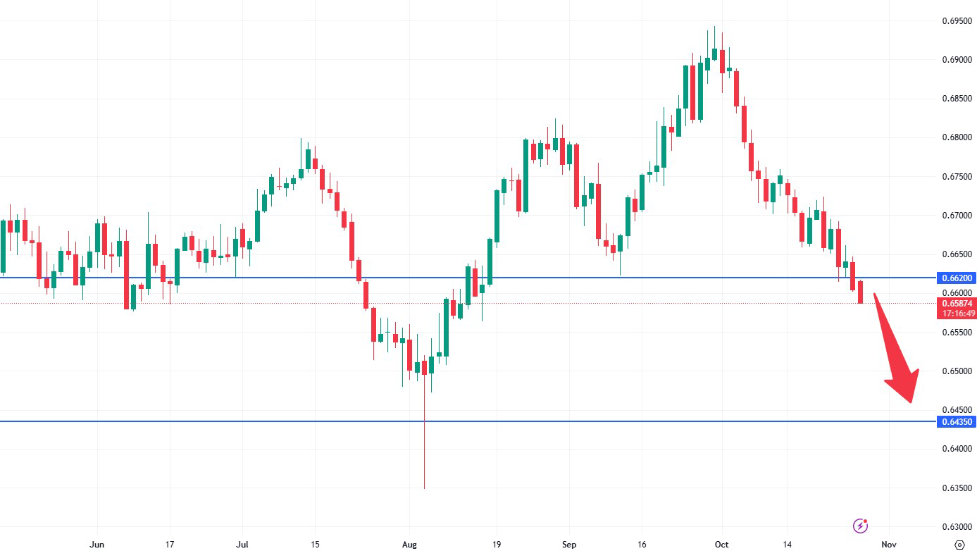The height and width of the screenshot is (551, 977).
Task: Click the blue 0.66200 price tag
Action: click(x=957, y=278)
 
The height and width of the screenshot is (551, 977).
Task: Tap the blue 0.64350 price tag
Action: click(x=957, y=422)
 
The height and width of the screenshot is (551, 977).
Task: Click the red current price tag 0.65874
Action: click(x=957, y=303)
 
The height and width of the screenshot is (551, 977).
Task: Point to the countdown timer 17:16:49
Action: click(x=957, y=314)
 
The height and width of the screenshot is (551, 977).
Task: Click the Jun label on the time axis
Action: click(x=98, y=545)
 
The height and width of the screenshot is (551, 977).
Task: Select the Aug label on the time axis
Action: click(x=409, y=545)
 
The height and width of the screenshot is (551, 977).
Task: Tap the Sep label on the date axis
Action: click(x=570, y=545)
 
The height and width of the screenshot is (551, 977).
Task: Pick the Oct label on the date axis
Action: click(x=721, y=545)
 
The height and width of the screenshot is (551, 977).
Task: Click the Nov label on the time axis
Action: click(x=889, y=545)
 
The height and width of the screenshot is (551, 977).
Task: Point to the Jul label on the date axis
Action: click(x=242, y=545)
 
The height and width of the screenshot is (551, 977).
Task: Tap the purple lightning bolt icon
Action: click(x=860, y=525)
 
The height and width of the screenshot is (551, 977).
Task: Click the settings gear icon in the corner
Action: click(x=959, y=544)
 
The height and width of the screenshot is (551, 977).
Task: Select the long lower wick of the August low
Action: click(x=424, y=437)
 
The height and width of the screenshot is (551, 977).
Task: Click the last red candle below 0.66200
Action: click(x=860, y=292)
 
